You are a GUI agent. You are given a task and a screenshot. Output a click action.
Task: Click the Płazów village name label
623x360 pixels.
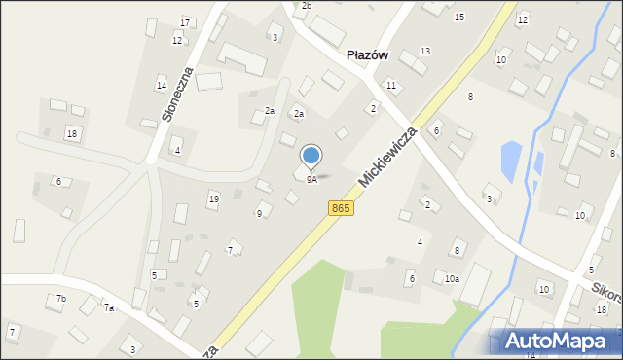pos(368,55)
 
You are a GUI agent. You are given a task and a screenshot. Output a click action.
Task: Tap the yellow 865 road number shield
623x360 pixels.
pos(340,208)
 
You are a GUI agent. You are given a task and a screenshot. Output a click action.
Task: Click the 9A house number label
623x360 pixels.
pos(311,180)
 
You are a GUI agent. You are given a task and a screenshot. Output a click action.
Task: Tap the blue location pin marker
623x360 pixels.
pos(311,156)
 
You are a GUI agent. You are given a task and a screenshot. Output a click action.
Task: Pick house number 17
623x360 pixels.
pos(185,22)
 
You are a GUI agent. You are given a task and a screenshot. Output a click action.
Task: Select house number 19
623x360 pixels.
pos(213,198)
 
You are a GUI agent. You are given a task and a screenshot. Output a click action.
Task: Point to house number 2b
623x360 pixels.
pos(307,6)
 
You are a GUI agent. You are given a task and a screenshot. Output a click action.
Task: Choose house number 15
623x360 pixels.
pos(459,18)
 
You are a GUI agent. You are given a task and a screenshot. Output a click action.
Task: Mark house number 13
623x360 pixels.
pos(425,51)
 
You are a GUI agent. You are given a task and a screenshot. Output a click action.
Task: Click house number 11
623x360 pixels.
pos(390,86)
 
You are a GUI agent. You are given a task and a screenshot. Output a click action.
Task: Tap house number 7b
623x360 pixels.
pos(61,298)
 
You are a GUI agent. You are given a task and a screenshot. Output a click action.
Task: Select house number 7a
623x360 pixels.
pos(109,307)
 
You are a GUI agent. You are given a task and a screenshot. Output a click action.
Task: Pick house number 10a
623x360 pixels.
pos(452,279)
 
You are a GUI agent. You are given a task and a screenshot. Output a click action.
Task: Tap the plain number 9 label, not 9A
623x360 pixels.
pos(259,213)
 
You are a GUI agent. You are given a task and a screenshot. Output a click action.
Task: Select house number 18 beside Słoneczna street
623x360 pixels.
pos(72,132)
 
